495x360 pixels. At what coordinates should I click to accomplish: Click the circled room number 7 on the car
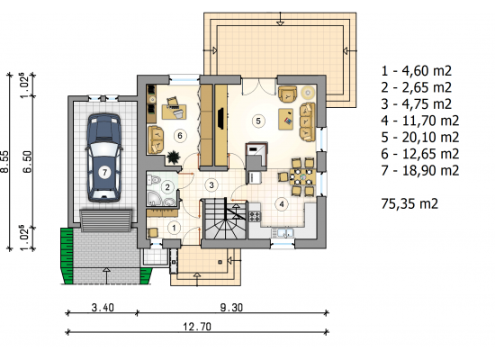coord(104,173)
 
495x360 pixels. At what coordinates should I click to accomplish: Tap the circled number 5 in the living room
coord(258,121)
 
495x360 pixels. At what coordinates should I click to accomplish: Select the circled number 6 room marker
coord(180,136)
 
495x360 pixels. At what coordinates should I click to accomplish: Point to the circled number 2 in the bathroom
coord(167,187)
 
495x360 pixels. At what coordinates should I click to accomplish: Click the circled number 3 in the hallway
coord(211,185)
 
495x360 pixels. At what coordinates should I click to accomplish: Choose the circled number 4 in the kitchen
coord(282,204)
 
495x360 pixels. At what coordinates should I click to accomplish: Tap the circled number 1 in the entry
coord(174,228)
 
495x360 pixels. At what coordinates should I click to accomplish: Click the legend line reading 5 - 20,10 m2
coord(420,138)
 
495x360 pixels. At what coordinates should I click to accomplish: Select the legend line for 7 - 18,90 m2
coord(420,170)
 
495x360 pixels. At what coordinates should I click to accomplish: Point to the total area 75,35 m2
coord(409,203)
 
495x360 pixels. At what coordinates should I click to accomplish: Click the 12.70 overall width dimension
coord(197,326)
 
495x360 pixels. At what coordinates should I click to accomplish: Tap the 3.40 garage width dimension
coord(103,307)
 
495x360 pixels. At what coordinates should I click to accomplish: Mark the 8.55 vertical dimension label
coord(4,162)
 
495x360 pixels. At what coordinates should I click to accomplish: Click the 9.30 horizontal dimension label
coord(231,307)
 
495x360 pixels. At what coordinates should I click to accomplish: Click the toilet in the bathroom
coord(154,181)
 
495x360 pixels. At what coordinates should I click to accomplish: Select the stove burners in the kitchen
coord(255,216)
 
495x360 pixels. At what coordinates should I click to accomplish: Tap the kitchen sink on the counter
coord(283,233)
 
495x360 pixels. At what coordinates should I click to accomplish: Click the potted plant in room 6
coord(173,157)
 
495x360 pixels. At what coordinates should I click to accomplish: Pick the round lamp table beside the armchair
coord(307,93)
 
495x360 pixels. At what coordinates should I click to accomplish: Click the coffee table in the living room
coord(286,119)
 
